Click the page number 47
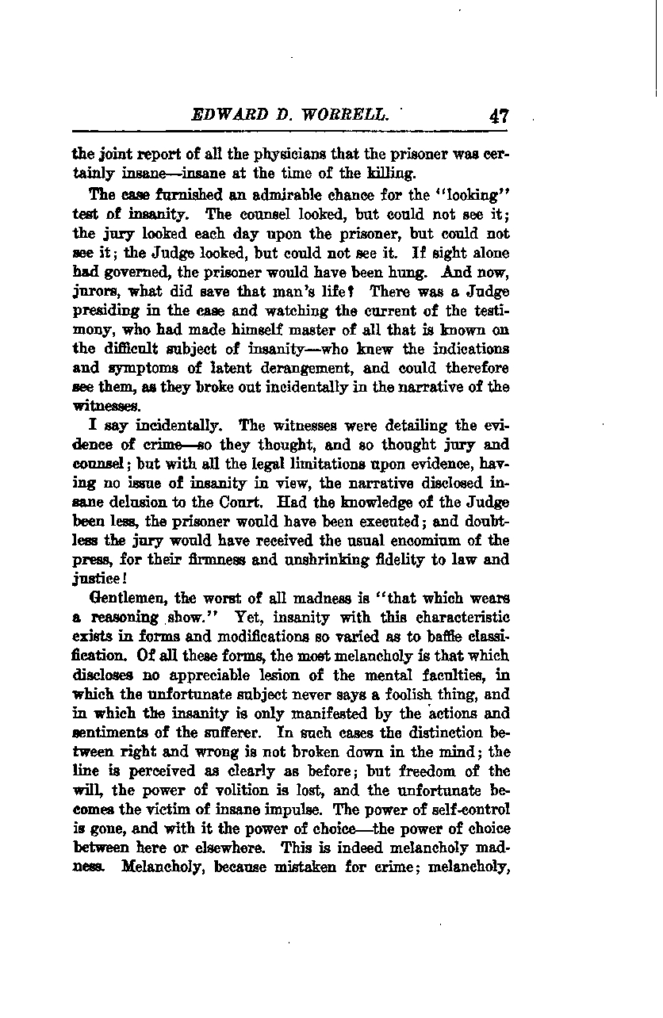click(499, 116)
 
